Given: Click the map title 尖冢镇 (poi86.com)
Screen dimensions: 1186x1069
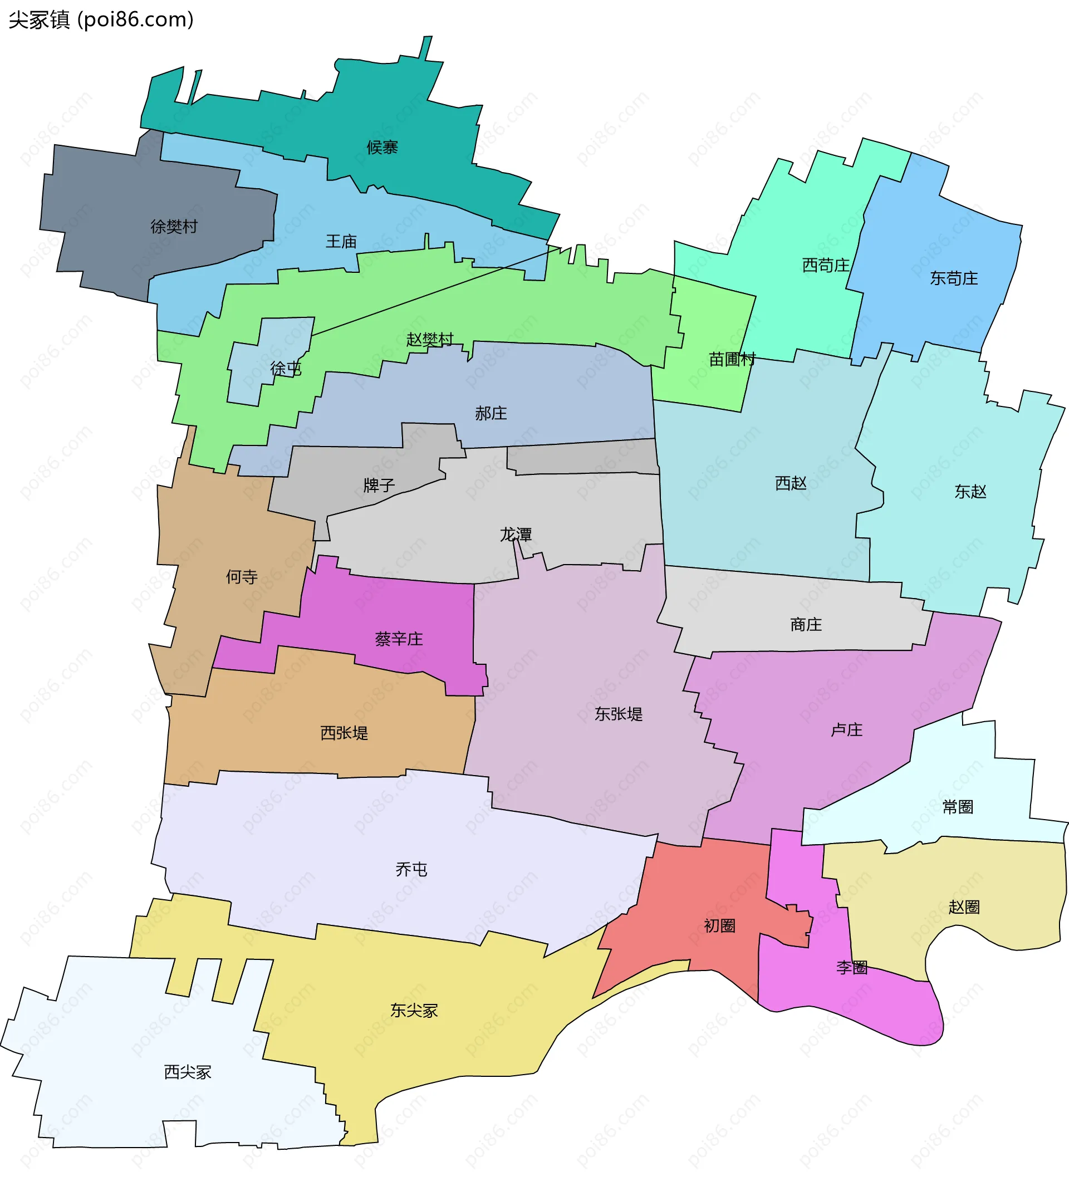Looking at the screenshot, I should [101, 20].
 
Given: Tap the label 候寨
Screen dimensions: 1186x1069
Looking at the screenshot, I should [382, 147].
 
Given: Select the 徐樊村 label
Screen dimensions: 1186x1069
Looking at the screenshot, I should [174, 226].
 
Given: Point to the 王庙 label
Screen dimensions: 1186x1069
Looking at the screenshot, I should [341, 242].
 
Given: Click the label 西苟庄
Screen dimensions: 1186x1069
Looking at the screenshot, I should [826, 266].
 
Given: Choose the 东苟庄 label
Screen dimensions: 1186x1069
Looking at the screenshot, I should [953, 278].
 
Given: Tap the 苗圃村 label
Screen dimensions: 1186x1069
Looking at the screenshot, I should [731, 359].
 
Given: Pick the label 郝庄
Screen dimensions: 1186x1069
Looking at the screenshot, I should [491, 414].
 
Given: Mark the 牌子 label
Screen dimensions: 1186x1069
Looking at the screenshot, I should [379, 485].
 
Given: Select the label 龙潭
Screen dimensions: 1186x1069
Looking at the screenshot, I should [516, 535].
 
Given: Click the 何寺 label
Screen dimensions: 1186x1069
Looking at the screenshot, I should [242, 577].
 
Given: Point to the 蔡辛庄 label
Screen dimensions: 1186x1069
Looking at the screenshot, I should [399, 639].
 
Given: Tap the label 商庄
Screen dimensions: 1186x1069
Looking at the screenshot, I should [806, 624].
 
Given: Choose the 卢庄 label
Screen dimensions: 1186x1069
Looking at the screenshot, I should [846, 730].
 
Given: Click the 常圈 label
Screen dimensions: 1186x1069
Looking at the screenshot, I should [958, 807].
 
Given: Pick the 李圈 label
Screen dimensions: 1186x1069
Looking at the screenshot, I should [852, 968].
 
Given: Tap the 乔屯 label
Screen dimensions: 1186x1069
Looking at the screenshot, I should [411, 869].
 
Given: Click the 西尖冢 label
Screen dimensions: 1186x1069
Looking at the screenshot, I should [188, 1072].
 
